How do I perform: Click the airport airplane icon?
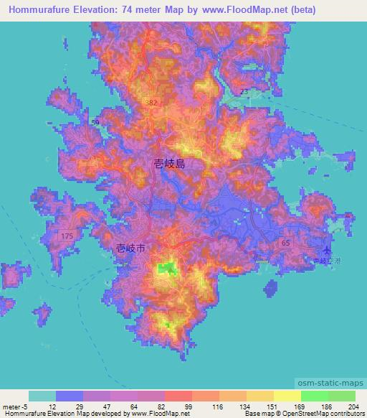[328, 250]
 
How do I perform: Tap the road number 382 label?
[151, 103]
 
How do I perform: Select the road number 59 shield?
[95, 123]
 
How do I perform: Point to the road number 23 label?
[244, 92]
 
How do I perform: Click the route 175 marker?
[67, 236]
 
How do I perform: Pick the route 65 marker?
[286, 243]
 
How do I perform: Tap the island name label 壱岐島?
[170, 163]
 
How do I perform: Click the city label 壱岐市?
[130, 248]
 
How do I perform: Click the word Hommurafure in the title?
[45, 10]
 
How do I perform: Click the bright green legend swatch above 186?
[315, 396]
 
